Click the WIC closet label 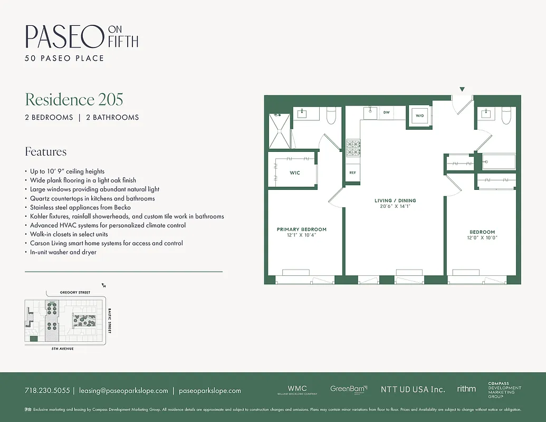coord(294,173)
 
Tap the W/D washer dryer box coord(420,116)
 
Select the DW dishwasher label coord(386,112)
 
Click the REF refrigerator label coord(352,173)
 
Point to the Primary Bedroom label coord(301,229)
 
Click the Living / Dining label coord(395,200)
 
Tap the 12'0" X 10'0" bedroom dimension coord(482,238)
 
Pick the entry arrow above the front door coord(462,89)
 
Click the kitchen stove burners coord(352,148)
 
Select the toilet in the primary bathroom coord(331,116)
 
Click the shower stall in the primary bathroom coord(279,131)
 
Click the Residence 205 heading coord(74,99)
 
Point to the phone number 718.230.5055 coord(47,391)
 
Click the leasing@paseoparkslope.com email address coord(123,391)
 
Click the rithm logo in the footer coord(466,389)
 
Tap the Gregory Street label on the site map coord(75,292)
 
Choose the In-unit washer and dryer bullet coord(63,252)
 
